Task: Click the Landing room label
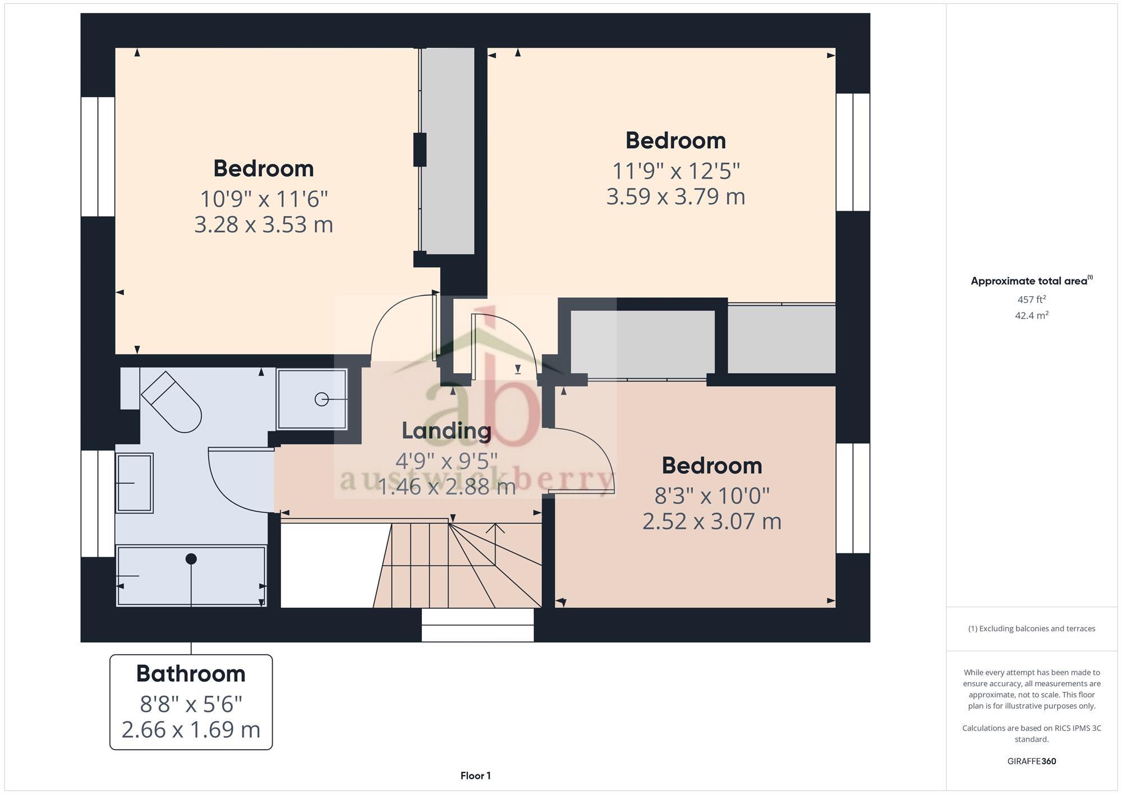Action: [447, 431]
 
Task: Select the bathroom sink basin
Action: [135, 483]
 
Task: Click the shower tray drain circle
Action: [321, 400]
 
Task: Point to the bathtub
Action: [191, 577]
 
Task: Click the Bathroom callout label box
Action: [191, 701]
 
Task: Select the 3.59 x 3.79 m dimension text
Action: [675, 197]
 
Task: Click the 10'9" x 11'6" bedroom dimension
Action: [264, 199]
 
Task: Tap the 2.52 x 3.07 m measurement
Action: [711, 522]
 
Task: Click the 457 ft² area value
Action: [1032, 300]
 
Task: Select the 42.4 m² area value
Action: [1032, 315]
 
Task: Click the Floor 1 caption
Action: [475, 775]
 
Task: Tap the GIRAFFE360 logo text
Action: [1031, 761]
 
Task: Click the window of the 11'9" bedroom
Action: [853, 152]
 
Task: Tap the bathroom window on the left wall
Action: [98, 503]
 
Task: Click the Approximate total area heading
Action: [1031, 281]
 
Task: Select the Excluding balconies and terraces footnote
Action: [1031, 628]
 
